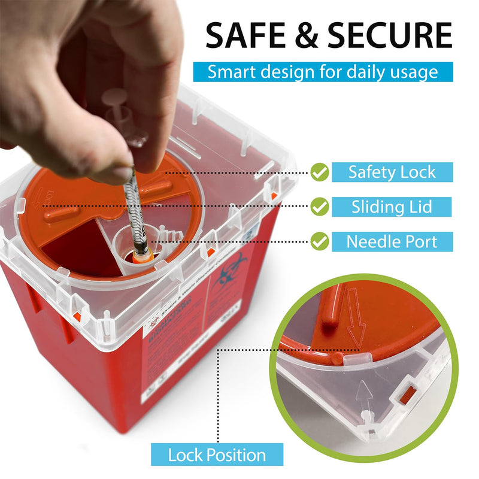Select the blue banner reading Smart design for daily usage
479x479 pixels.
pyautogui.click(x=322, y=72)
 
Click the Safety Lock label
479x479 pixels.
pyautogui.click(x=392, y=172)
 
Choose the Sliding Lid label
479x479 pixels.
pyautogui.click(x=392, y=207)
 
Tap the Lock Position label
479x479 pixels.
pyautogui.click(x=217, y=455)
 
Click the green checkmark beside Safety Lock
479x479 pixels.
pyautogui.click(x=321, y=173)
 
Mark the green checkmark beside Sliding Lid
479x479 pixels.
pyautogui.click(x=321, y=207)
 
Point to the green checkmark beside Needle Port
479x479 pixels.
pyautogui.click(x=321, y=242)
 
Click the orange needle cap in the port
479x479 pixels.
pyautogui.click(x=141, y=259)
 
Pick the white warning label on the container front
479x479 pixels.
pyautogui.click(x=174, y=359)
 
